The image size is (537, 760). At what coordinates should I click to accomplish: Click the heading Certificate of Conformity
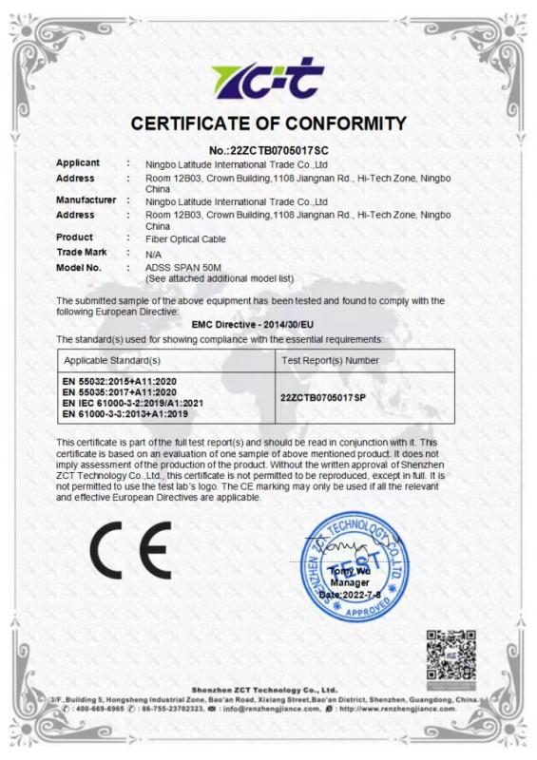point(269,123)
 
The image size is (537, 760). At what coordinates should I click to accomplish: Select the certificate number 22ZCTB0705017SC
point(269,150)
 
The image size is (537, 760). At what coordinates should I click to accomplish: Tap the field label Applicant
point(78,163)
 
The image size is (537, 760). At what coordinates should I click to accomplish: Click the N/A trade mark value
point(153,254)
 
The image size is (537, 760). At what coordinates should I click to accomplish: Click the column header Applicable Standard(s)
point(112,361)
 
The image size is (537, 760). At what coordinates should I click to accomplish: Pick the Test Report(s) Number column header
point(331,361)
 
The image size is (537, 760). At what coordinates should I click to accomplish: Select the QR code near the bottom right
point(450,655)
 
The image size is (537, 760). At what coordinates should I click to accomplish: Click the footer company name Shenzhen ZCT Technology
point(264,690)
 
